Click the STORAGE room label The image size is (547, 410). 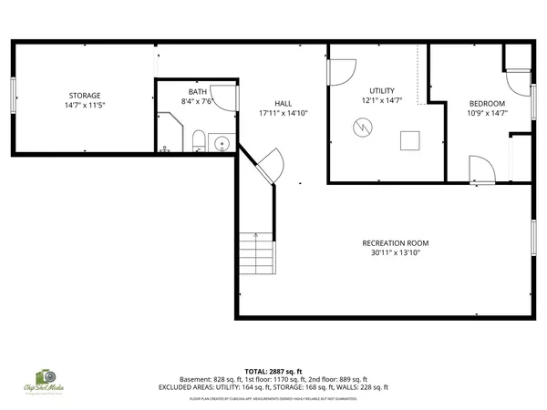[x=83, y=96]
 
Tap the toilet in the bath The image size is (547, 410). [x=198, y=140]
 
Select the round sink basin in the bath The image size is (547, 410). [x=220, y=142]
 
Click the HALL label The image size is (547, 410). [x=284, y=104]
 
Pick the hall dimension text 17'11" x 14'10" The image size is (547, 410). [x=284, y=114]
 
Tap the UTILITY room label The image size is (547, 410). [x=381, y=90]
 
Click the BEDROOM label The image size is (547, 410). [x=486, y=103]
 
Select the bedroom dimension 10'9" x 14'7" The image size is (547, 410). [x=486, y=113]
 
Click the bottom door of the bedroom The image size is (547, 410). [x=480, y=169]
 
